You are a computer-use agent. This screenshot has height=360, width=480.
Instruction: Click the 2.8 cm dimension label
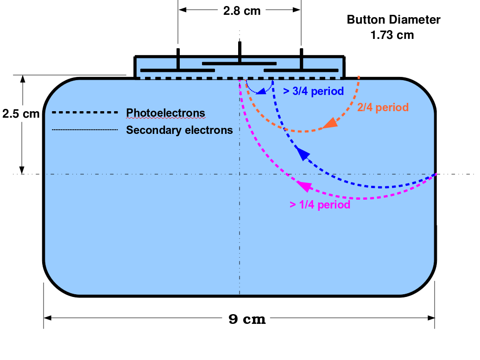[x=241, y=11]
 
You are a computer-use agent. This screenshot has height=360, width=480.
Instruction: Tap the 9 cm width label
[x=247, y=319]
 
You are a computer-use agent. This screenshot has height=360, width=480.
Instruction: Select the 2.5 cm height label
[x=21, y=114]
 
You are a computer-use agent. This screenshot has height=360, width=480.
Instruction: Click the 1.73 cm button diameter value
[x=392, y=35]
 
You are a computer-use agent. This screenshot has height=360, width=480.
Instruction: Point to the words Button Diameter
[x=393, y=19]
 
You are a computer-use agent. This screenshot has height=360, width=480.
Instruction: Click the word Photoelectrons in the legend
[x=165, y=113]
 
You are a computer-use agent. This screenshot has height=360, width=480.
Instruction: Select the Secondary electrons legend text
[x=179, y=130]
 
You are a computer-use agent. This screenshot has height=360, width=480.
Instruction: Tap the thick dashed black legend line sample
[x=85, y=112]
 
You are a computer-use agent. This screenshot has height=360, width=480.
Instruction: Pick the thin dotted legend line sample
[x=85, y=130]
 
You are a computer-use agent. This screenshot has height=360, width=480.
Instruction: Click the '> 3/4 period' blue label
[x=314, y=91]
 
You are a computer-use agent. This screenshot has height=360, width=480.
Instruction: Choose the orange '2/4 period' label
[x=383, y=107]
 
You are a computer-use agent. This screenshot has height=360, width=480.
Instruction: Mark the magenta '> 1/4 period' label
[x=320, y=205]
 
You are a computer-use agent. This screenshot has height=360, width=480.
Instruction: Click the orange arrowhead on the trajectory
[x=331, y=123]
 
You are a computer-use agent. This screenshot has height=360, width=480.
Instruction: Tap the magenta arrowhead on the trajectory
[x=304, y=186]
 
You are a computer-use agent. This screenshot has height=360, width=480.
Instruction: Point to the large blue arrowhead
[x=303, y=153]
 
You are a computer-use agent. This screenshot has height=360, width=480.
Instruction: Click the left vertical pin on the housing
[x=178, y=59]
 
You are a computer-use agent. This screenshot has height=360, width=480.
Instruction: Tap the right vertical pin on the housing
[x=302, y=59]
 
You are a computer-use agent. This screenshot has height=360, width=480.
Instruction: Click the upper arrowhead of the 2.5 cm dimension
[x=22, y=79]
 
